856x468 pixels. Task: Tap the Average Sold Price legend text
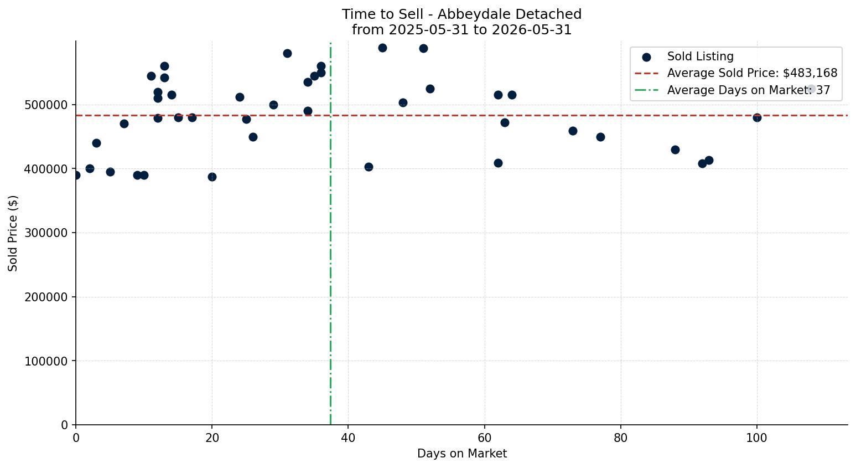click(752, 73)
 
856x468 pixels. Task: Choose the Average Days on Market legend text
click(749, 90)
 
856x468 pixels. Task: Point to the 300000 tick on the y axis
click(46, 233)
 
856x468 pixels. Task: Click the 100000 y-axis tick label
click(46, 361)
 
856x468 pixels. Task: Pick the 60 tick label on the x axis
click(485, 438)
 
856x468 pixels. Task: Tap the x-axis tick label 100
click(756, 438)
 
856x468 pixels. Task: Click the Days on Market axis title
click(461, 454)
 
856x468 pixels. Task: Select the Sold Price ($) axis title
click(13, 233)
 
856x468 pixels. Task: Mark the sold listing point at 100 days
click(757, 118)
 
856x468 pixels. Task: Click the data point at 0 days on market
click(76, 176)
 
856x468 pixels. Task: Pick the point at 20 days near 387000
click(212, 177)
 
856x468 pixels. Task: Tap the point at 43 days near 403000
click(369, 167)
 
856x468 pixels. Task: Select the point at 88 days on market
click(675, 150)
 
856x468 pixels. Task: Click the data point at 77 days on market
click(600, 137)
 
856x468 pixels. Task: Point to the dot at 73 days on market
click(573, 131)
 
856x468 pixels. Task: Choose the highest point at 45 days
click(382, 48)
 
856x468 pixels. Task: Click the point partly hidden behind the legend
click(811, 89)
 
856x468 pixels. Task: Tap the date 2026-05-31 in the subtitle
click(532, 30)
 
